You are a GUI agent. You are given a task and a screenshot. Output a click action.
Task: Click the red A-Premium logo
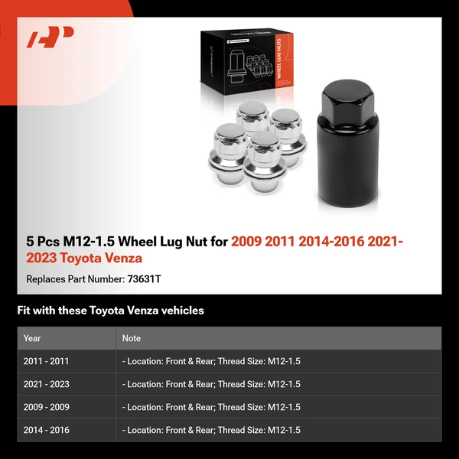click(50, 37)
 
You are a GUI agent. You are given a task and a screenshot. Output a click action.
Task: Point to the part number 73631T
click(142, 279)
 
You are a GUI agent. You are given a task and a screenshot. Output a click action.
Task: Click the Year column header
click(32, 338)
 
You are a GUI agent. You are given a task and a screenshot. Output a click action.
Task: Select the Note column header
click(131, 338)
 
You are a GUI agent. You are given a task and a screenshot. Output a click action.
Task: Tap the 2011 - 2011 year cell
click(46, 361)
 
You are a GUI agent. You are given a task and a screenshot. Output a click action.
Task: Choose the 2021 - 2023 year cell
click(46, 384)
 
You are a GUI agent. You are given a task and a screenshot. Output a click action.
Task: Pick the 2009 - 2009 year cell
click(46, 407)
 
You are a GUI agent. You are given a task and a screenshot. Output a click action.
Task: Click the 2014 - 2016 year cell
click(46, 430)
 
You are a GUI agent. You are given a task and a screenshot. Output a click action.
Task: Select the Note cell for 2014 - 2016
click(211, 430)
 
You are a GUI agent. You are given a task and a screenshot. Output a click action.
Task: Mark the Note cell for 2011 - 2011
click(211, 361)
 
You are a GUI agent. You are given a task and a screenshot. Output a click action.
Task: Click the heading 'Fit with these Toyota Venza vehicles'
click(110, 311)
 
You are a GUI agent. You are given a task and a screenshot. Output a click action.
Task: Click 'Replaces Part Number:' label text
click(73, 279)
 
